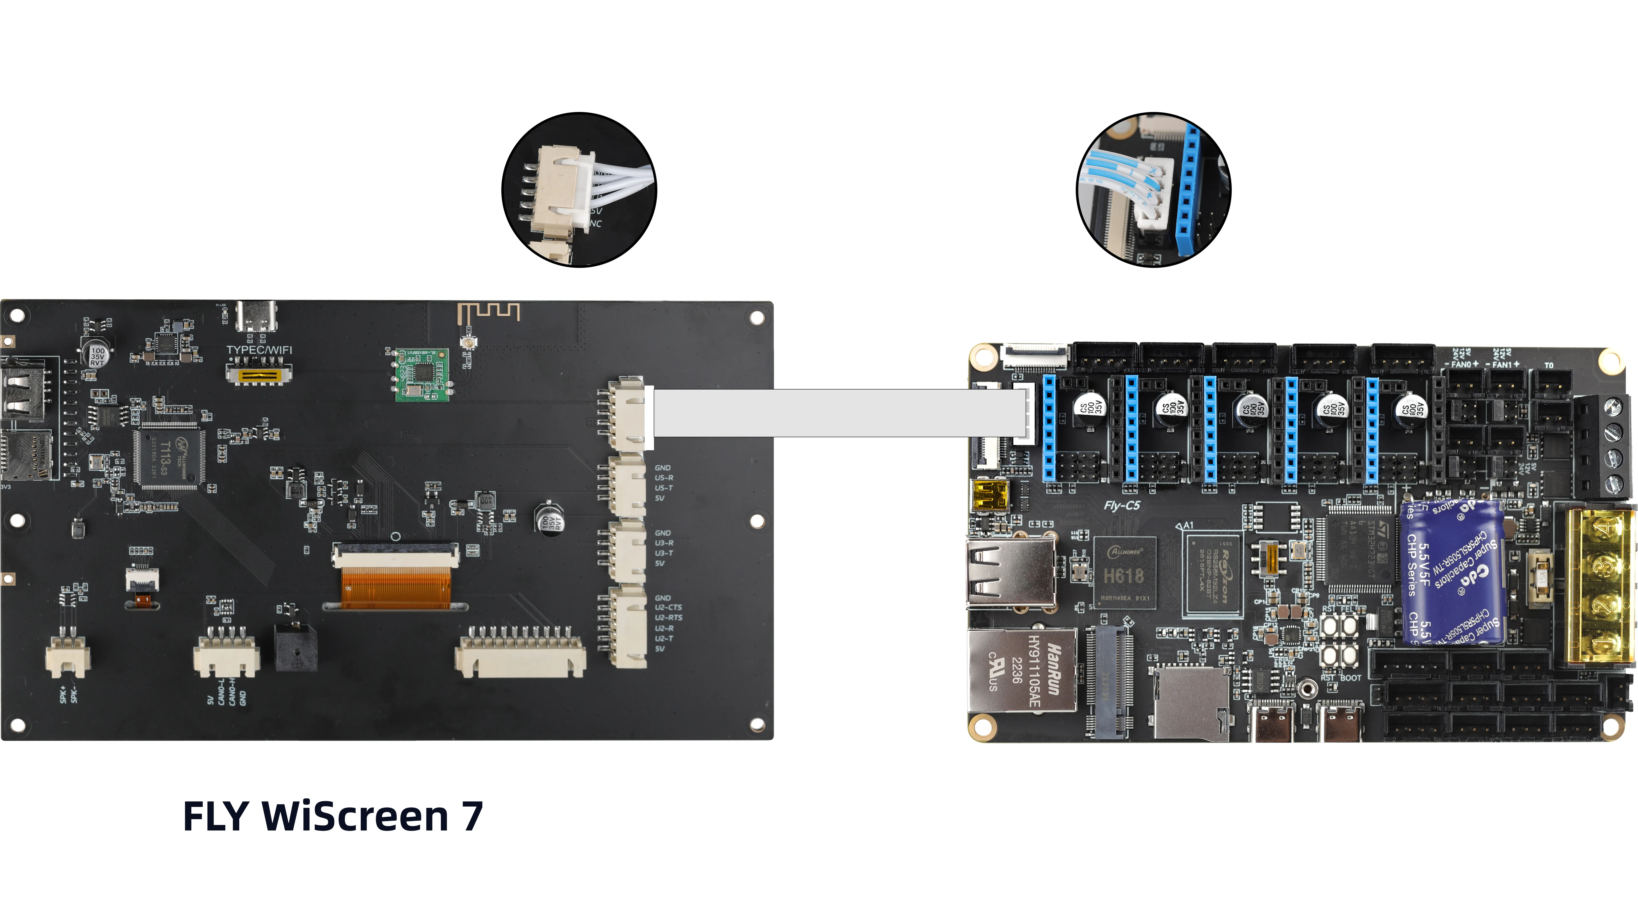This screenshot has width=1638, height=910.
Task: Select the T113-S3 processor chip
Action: [169, 456]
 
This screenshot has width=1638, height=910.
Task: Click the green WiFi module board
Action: [422, 374]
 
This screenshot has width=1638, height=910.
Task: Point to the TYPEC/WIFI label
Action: [259, 350]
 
